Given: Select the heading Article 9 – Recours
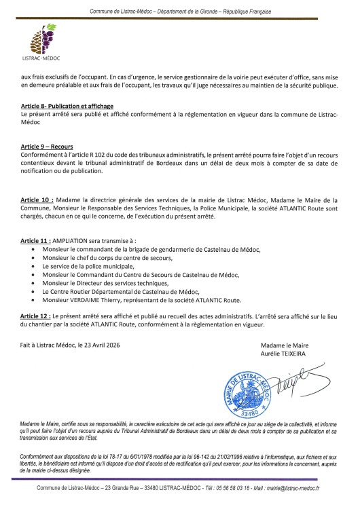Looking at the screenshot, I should [47, 147].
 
